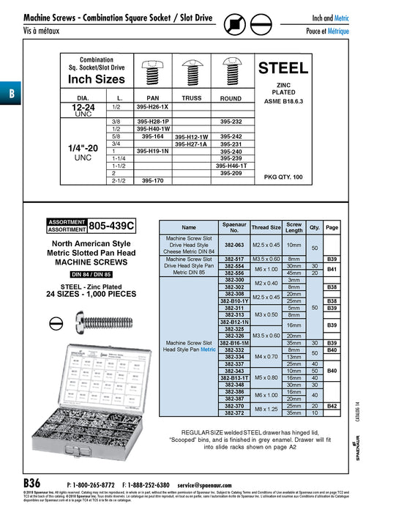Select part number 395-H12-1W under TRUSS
(191, 137)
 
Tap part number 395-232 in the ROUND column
(231, 121)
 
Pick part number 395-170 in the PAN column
(153, 180)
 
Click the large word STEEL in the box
(283, 68)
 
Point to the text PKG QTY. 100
(283, 177)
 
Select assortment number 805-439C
(112, 226)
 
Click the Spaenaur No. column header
(234, 227)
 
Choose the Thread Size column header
(266, 227)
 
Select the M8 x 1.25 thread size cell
(266, 409)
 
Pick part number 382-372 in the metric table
(234, 413)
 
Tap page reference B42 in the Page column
(332, 405)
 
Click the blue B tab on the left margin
(11, 93)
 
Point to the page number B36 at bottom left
(33, 484)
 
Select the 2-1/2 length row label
(98, 180)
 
